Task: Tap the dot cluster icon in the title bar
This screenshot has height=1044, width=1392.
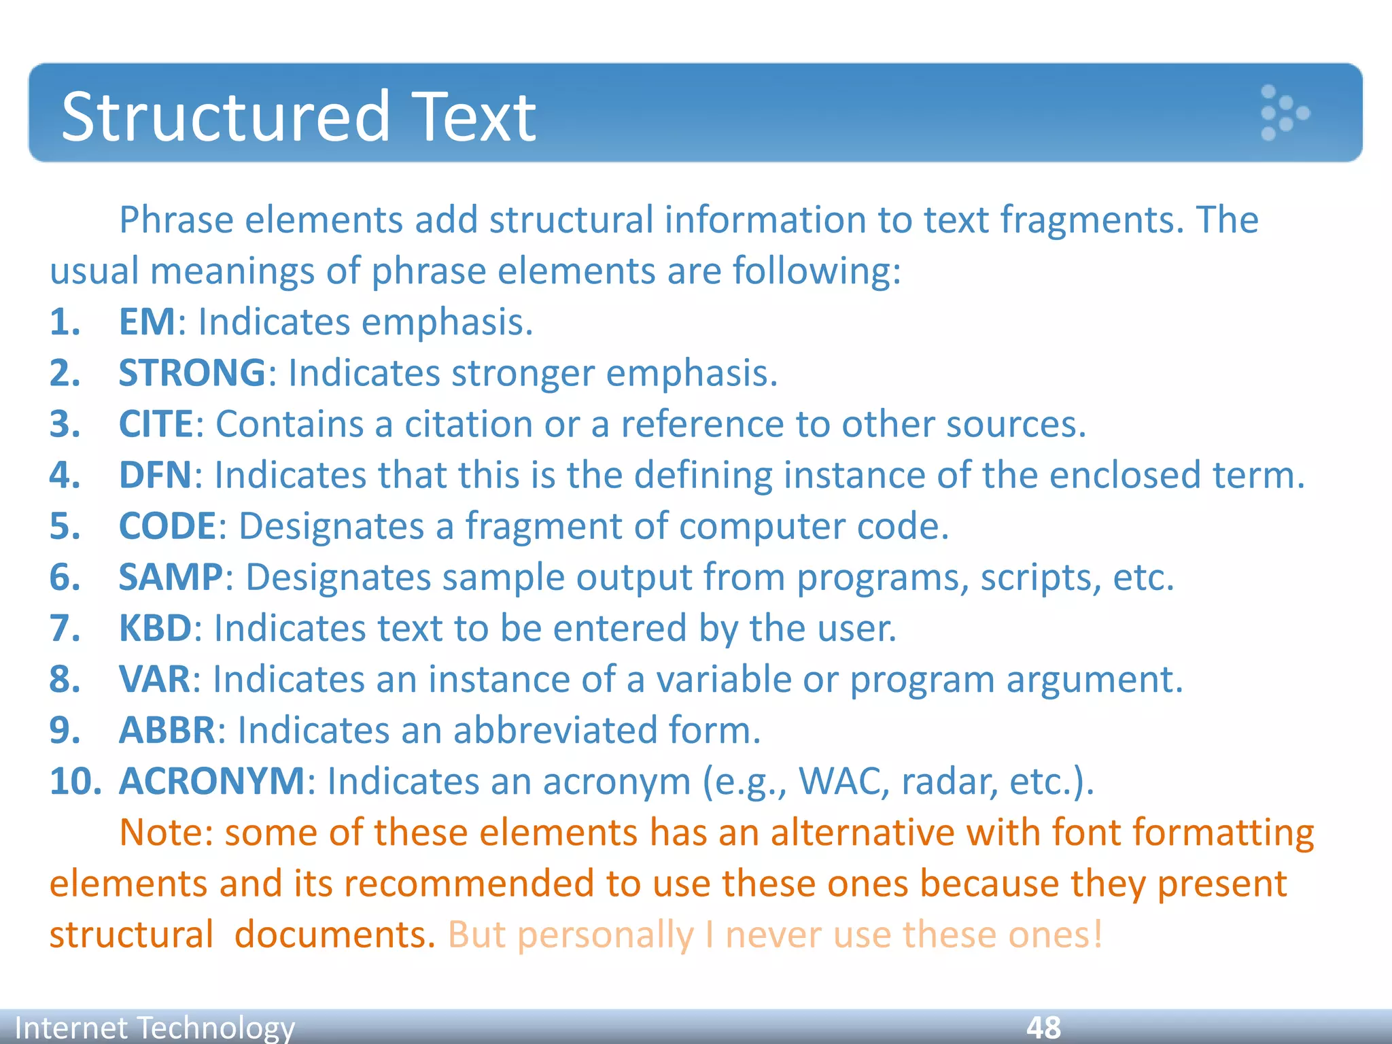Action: click(x=1283, y=113)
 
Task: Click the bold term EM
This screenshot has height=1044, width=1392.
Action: click(x=147, y=321)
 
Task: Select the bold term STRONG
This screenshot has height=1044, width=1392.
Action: click(x=192, y=372)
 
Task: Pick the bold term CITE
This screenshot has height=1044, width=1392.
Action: click(x=156, y=423)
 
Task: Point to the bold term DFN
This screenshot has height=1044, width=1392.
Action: click(x=156, y=474)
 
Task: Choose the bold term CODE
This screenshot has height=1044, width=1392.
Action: click(x=167, y=525)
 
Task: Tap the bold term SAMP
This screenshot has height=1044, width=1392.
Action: click(x=171, y=576)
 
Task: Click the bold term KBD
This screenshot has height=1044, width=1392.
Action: click(x=156, y=627)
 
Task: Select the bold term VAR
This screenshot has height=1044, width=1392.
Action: click(x=155, y=678)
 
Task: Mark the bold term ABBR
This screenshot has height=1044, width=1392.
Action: click(x=167, y=729)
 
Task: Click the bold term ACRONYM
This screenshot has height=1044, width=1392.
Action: click(x=212, y=780)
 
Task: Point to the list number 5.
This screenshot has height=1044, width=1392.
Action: click(x=65, y=525)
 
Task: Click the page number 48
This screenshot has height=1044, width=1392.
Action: click(x=1043, y=1027)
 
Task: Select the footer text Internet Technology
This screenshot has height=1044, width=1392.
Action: click(x=155, y=1027)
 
